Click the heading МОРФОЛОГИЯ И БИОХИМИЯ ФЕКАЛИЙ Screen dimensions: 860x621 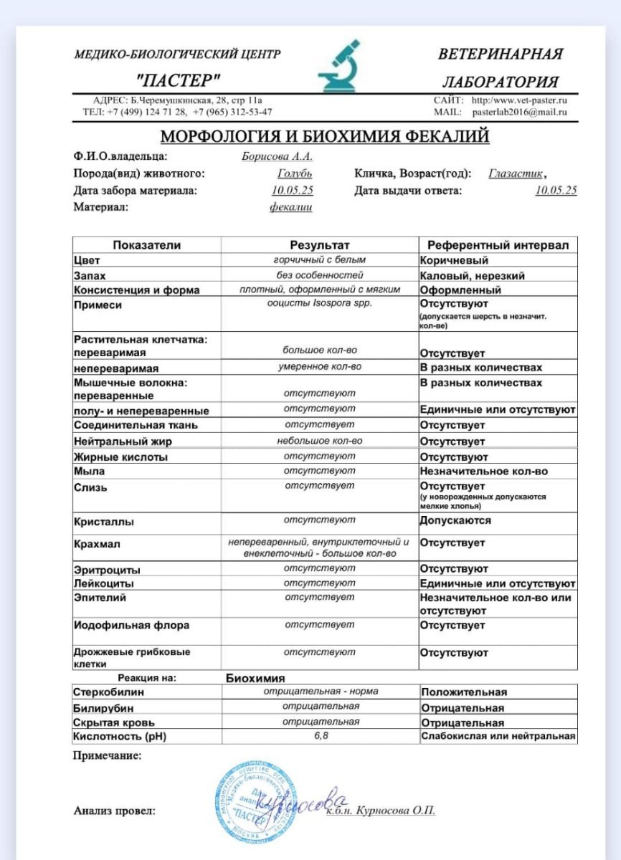coord(324,136)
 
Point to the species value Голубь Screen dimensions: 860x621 coord(295,173)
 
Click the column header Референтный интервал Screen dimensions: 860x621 coord(498,245)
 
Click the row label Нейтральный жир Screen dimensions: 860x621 coord(123,441)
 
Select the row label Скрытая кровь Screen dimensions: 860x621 coord(114,722)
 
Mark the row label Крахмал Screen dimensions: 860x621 coord(97,544)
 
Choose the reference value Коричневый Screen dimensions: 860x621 coord(454,261)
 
